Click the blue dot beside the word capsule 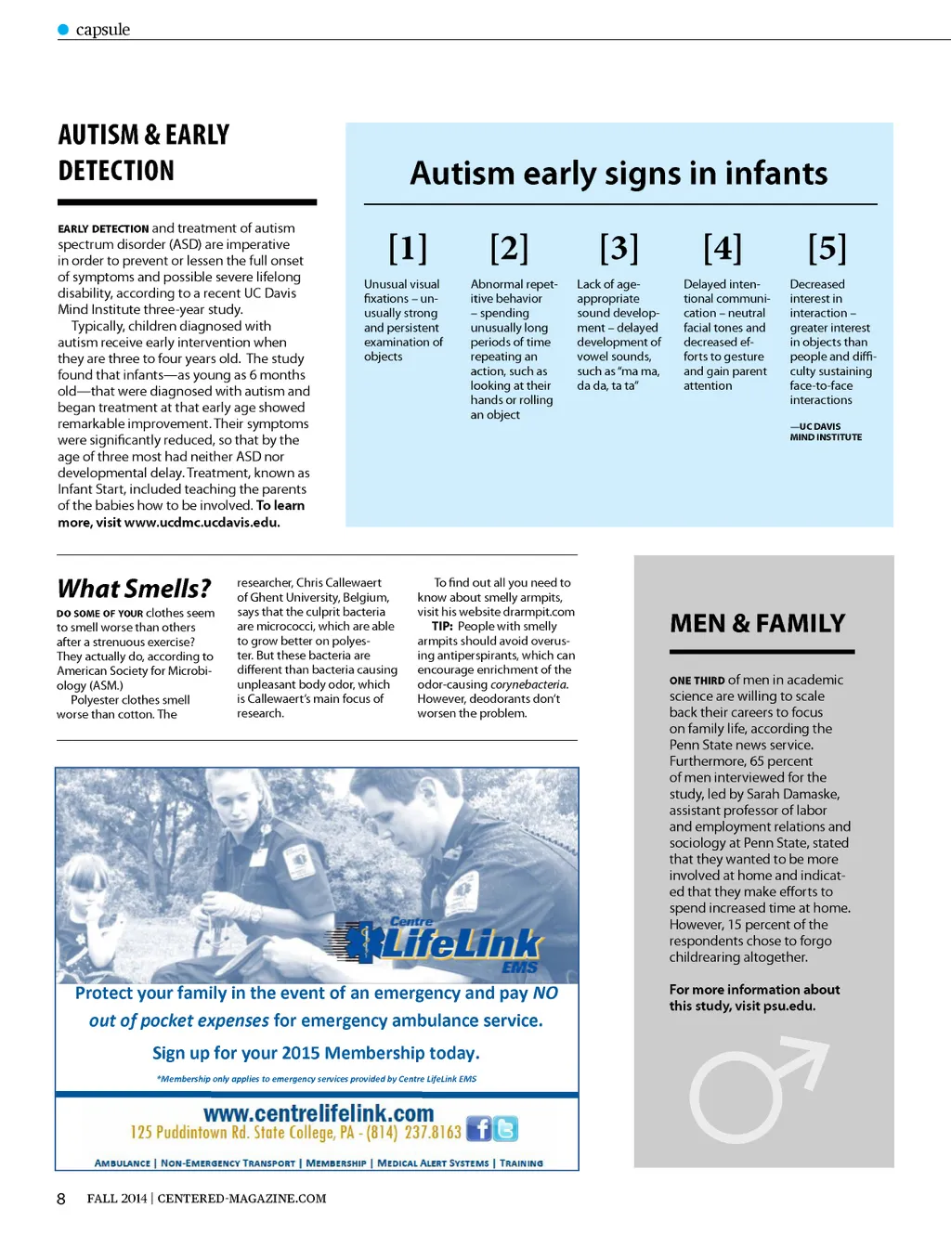(x=63, y=30)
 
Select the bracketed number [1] (x=408, y=248)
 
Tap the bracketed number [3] (x=619, y=248)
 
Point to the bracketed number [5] (x=827, y=248)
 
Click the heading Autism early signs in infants (x=619, y=174)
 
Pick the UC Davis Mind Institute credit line (x=826, y=432)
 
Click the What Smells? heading (x=134, y=589)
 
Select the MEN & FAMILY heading (x=757, y=623)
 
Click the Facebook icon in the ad (x=479, y=1129)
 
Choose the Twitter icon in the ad (x=506, y=1129)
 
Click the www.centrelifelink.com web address (x=319, y=1113)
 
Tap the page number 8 (x=61, y=1199)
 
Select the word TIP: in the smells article (x=442, y=627)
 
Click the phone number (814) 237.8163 (x=413, y=1133)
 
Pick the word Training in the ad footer (x=521, y=1163)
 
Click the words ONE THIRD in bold (x=697, y=681)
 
